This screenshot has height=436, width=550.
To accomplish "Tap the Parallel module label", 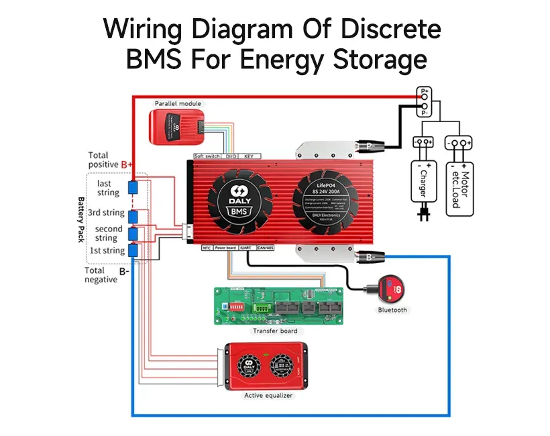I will [178, 103].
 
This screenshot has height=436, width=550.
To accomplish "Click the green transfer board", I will [278, 305].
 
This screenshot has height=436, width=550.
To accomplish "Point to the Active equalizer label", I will [268, 396].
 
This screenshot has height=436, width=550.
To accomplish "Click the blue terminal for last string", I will [133, 186].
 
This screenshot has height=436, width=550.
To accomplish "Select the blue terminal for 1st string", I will [133, 250].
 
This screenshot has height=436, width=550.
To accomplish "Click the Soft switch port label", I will [207, 156].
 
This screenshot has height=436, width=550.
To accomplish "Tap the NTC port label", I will [207, 248].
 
